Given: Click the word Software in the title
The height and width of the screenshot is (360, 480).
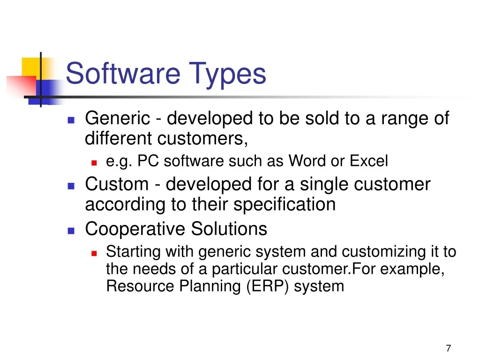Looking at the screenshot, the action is [x=123, y=73].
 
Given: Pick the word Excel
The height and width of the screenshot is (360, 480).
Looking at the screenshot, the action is [x=369, y=161].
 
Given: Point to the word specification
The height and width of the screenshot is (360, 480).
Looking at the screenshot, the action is [x=285, y=204].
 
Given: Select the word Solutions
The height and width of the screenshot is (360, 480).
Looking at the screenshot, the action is [x=229, y=229].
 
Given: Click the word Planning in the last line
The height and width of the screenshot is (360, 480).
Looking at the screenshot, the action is [x=210, y=287].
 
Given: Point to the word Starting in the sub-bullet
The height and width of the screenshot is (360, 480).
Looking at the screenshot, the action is [x=133, y=252].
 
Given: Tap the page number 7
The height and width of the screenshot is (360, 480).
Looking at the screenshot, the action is [x=449, y=348].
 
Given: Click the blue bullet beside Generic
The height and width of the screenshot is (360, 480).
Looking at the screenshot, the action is [x=71, y=120].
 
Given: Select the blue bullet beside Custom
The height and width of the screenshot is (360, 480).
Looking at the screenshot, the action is [x=71, y=186].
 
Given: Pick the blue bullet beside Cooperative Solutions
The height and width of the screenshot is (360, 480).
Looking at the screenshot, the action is [x=71, y=231].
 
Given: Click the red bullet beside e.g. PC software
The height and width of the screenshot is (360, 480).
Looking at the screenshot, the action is [x=94, y=163].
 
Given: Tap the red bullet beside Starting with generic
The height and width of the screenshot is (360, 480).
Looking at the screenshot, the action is [x=94, y=253].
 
